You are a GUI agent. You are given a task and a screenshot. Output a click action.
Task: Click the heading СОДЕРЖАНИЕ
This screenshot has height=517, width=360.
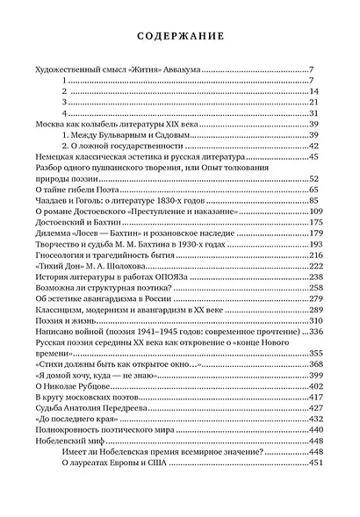point(179,35)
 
